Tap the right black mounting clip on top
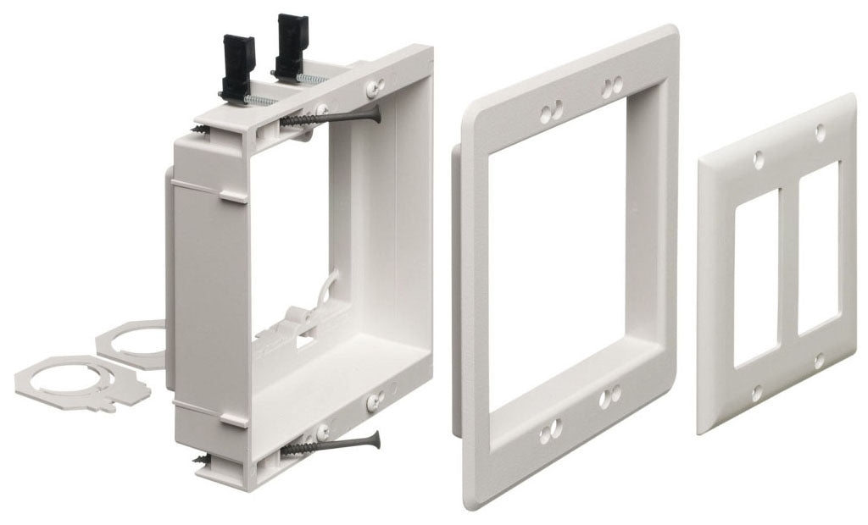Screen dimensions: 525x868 pyautogui.click(x=292, y=47)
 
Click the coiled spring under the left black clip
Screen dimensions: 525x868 pyautogui.click(x=258, y=100)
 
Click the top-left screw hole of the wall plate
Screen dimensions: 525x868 pyautogui.click(x=758, y=158)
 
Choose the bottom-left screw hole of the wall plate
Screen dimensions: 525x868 pyautogui.click(x=757, y=392)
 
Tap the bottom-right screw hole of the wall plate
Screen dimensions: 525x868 pyautogui.click(x=819, y=361)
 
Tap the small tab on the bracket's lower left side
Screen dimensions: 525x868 pyautogui.click(x=230, y=417)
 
